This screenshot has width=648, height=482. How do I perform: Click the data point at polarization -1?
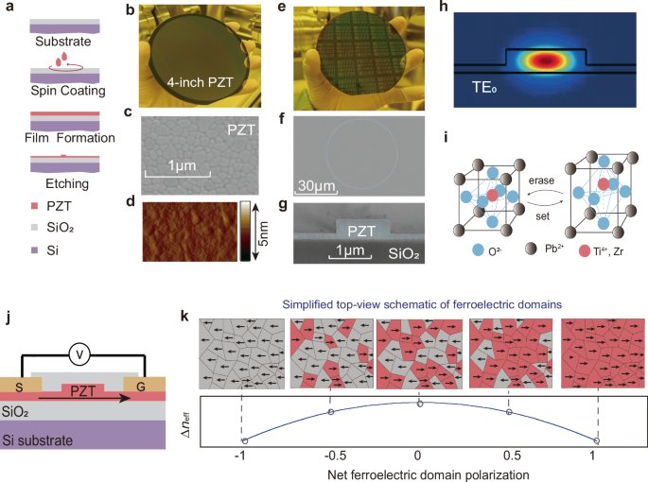[x=244, y=441]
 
